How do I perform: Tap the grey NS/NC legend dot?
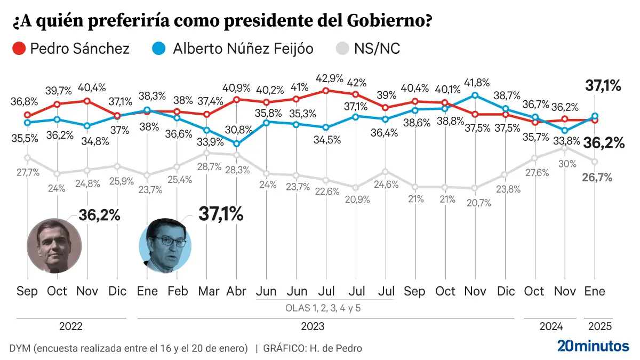tap(341, 49)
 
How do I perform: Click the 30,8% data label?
tap(236, 129)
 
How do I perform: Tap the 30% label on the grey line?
tap(564, 164)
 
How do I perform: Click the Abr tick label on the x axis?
tap(236, 292)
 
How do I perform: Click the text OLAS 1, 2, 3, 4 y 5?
tap(324, 308)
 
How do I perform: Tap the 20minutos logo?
tap(593, 346)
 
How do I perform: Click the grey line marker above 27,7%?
tap(27, 157)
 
